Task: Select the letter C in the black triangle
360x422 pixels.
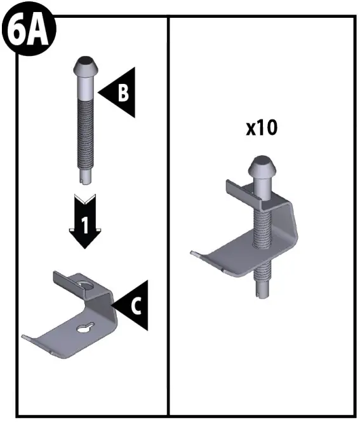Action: [x=135, y=306]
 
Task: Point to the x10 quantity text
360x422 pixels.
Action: [x=262, y=128]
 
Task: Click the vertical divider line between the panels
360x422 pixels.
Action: [x=168, y=216]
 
